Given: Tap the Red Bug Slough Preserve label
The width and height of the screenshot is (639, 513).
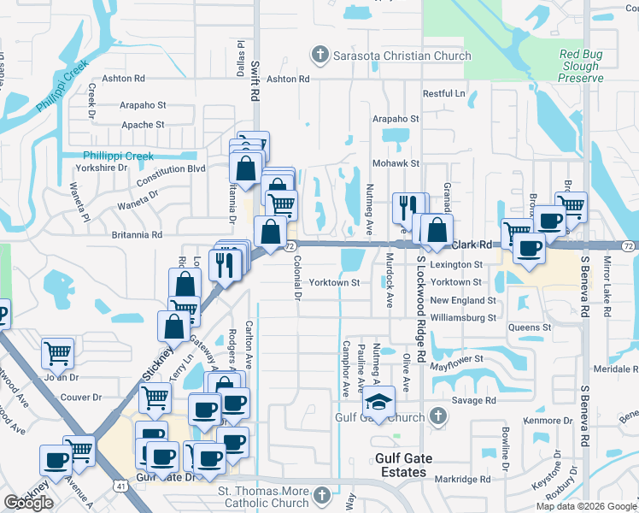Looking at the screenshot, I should point(581,66).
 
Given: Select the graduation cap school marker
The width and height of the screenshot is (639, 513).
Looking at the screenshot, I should point(378,402).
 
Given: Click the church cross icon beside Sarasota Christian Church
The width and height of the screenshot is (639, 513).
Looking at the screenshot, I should point(320,56).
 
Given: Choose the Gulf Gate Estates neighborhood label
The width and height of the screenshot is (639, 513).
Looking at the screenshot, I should point(401,466).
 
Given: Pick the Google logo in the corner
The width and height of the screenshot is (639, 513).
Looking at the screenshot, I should point(29,503).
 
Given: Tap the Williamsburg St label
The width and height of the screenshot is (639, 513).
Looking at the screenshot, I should point(463,318).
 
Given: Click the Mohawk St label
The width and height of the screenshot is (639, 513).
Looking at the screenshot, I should point(396,162).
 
